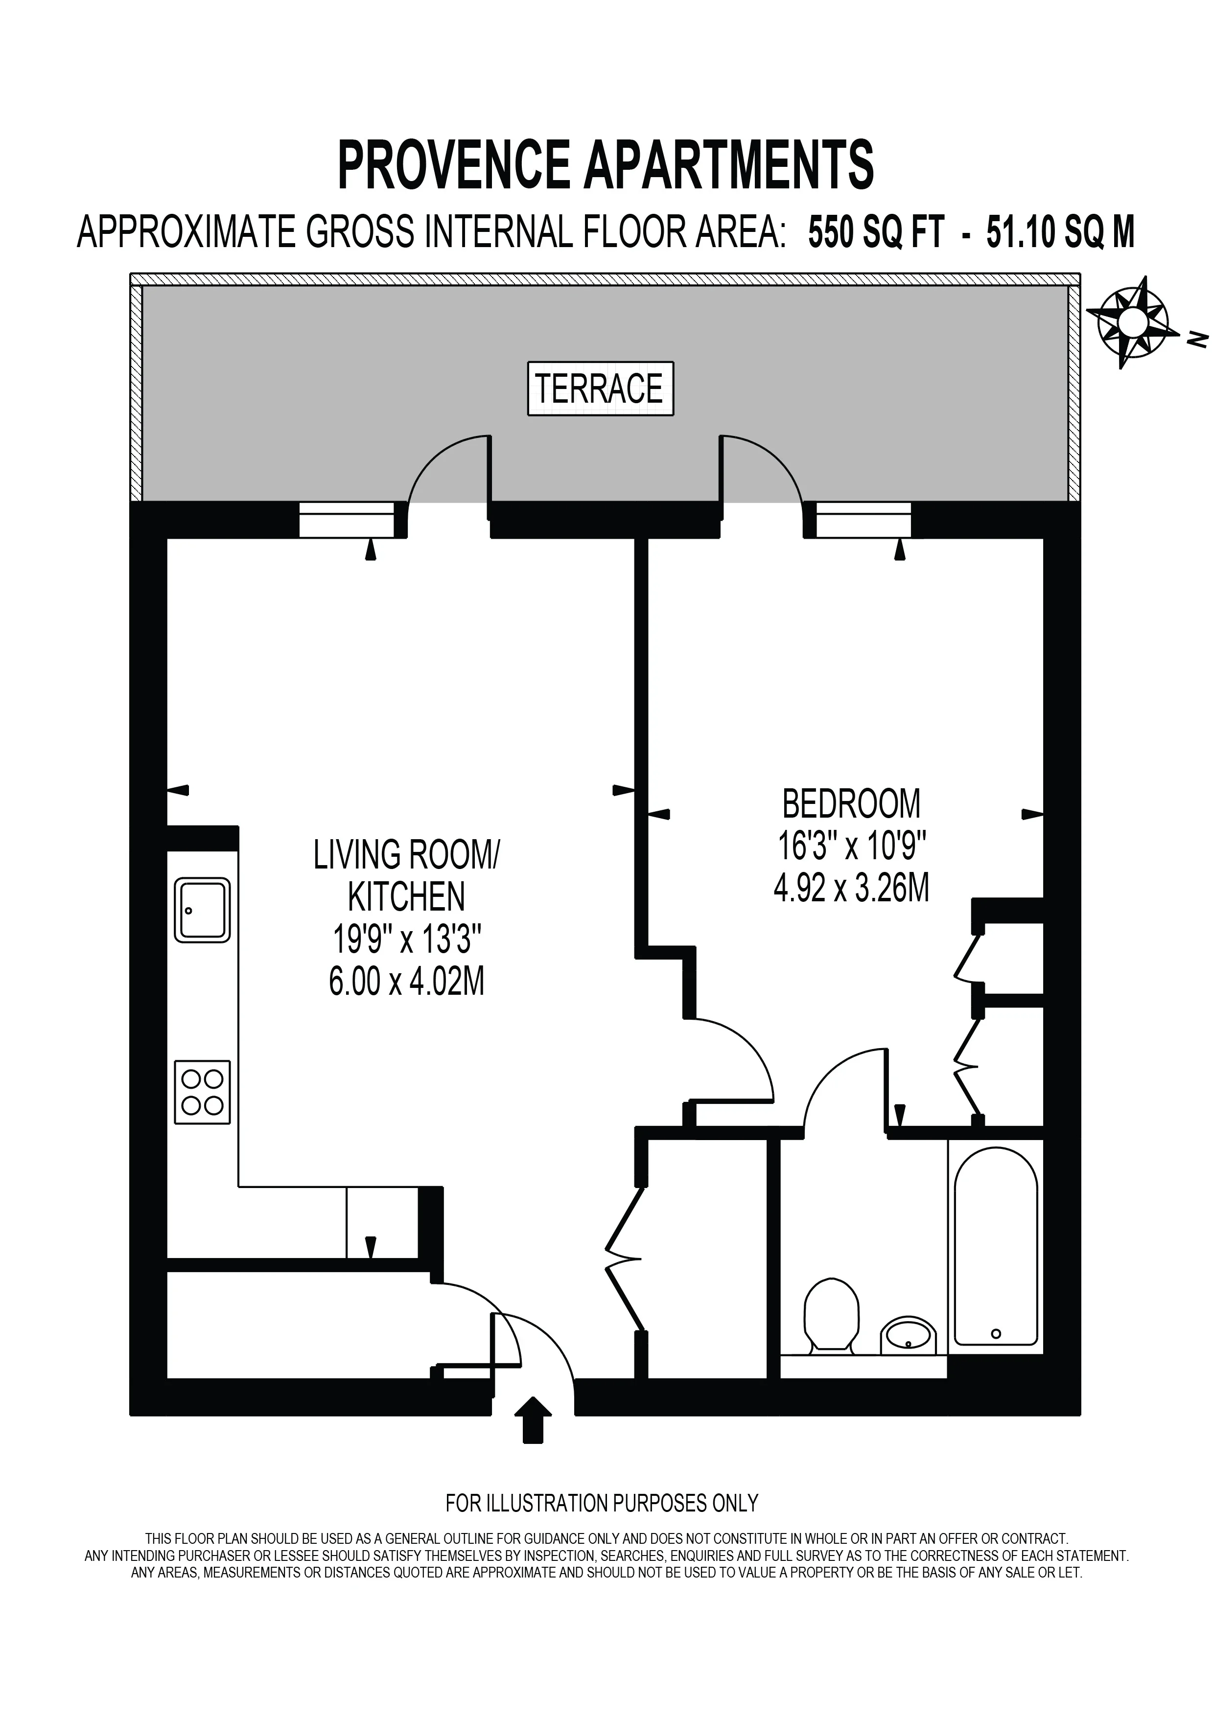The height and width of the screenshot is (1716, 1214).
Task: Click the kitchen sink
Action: tap(202, 910)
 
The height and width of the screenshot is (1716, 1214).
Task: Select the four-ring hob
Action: tap(202, 1093)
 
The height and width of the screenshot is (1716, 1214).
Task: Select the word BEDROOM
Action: tap(851, 804)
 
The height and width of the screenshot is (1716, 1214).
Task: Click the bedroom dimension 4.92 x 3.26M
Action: tap(851, 890)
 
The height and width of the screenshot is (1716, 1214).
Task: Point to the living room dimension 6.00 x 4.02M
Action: tap(407, 982)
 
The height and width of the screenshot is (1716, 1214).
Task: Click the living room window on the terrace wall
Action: tap(346, 520)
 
